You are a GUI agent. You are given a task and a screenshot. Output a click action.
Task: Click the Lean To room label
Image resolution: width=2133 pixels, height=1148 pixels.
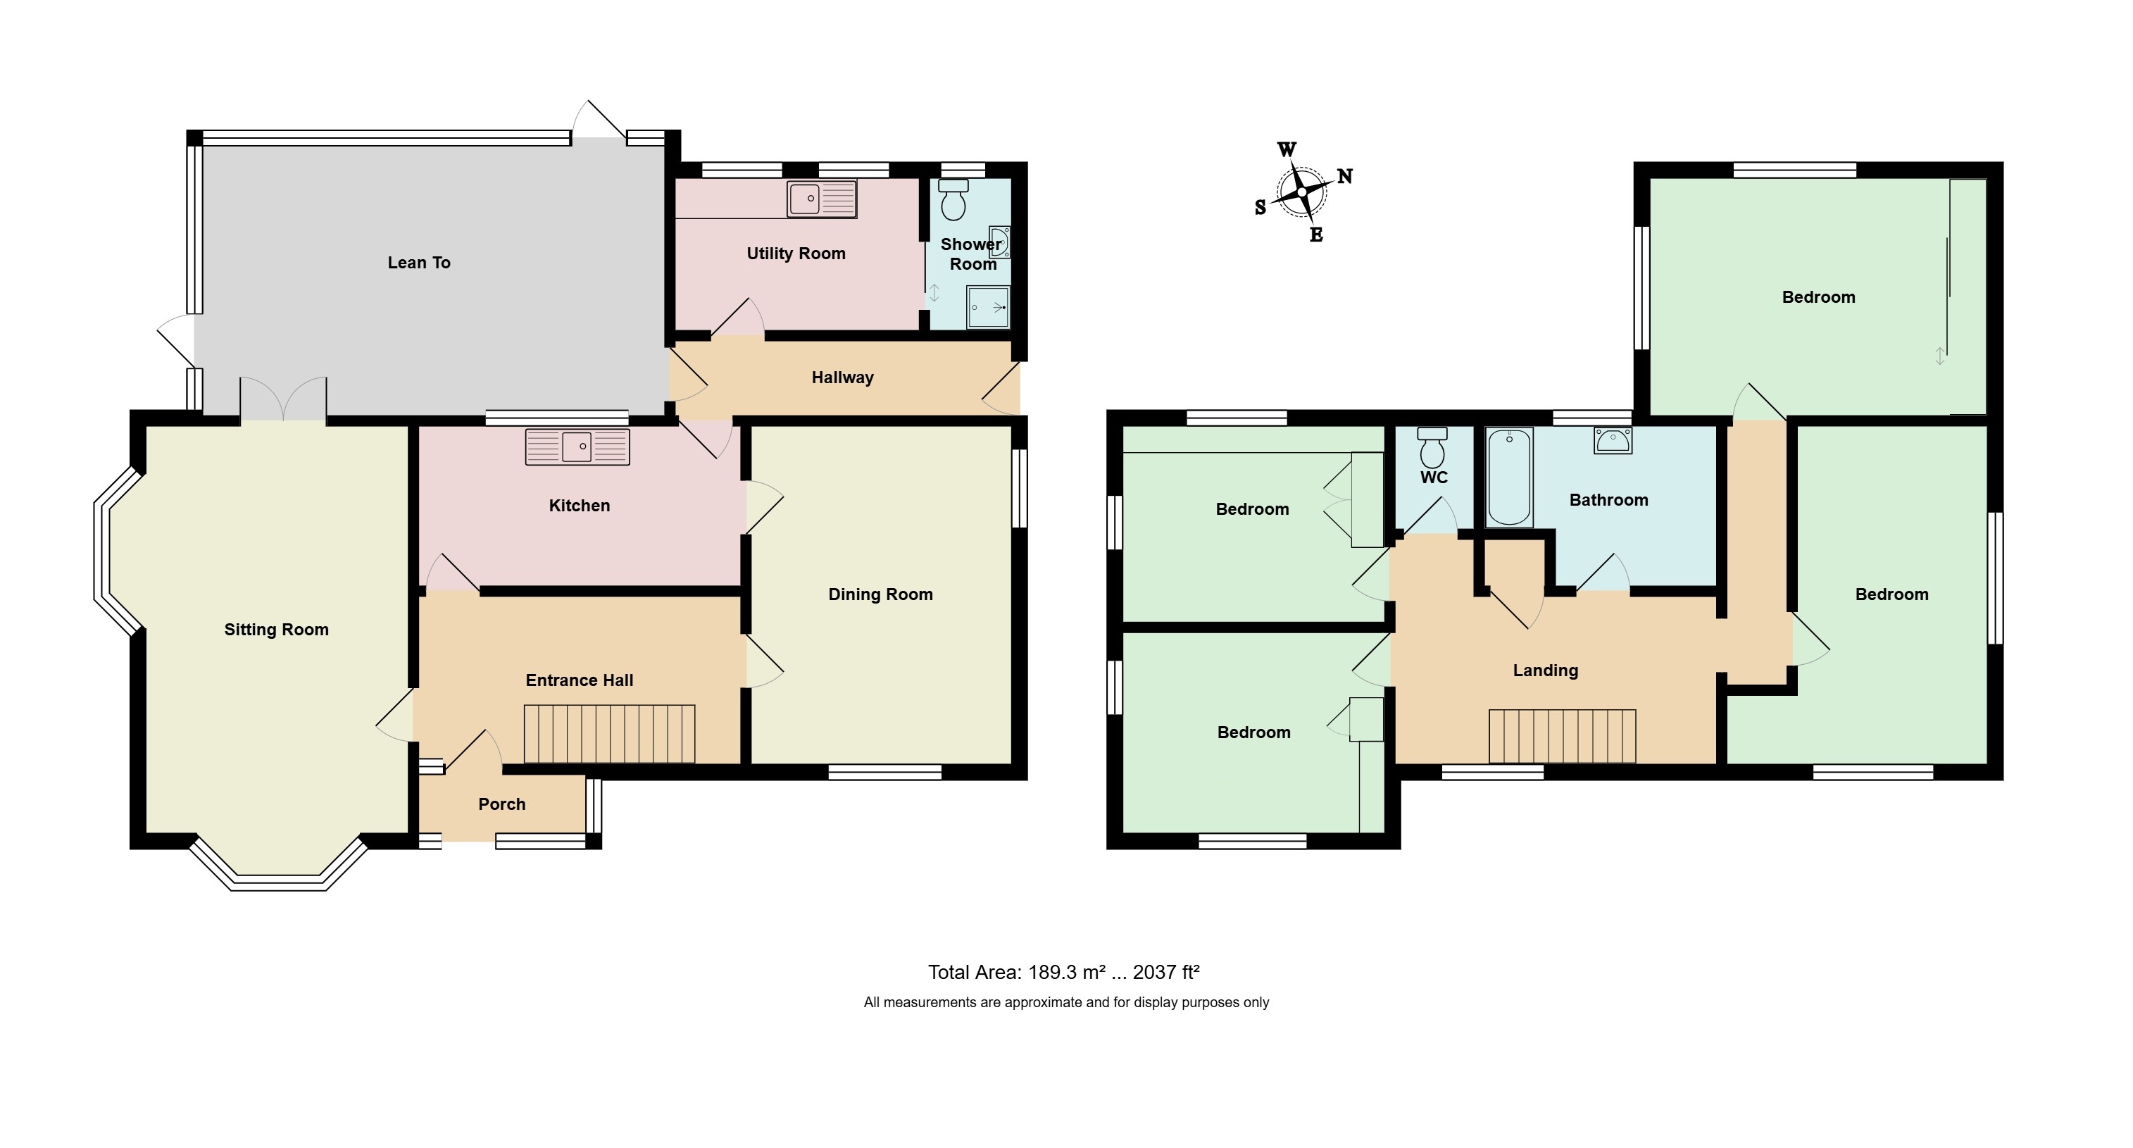pos(419,263)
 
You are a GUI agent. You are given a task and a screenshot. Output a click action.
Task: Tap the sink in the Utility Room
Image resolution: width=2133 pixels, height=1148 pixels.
pos(821,199)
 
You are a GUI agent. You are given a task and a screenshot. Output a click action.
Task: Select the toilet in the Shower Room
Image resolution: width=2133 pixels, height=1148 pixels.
pos(954,199)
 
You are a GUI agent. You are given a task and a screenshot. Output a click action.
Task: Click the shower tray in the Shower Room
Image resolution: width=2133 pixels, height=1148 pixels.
pos(989,307)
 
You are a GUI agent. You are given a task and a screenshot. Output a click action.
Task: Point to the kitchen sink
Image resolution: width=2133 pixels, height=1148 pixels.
pos(578,447)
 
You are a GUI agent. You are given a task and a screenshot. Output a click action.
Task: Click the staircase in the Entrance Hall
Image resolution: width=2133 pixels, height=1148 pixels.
pos(609,734)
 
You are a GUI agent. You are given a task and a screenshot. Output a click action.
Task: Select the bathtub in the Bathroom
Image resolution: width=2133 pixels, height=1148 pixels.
pos(1510,477)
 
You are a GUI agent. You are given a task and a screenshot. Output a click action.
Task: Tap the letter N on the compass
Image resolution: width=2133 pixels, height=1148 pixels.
pos(1346,175)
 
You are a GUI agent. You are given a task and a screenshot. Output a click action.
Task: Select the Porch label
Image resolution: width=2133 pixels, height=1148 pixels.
pos(502,804)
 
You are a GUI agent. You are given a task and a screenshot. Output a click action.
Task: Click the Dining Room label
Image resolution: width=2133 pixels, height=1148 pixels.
pos(880,594)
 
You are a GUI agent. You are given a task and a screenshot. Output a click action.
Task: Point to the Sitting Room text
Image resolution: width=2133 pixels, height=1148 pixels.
pos(277,630)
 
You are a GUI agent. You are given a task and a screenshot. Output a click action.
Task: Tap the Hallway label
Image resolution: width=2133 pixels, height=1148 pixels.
pos(842,378)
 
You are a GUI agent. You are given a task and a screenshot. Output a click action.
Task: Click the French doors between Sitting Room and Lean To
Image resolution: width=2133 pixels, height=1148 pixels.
pos(284,399)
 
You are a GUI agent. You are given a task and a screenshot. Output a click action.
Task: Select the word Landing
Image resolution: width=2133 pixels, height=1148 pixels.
pos(1546,671)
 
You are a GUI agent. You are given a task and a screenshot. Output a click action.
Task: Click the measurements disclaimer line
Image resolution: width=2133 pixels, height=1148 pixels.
pos(1066,1002)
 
